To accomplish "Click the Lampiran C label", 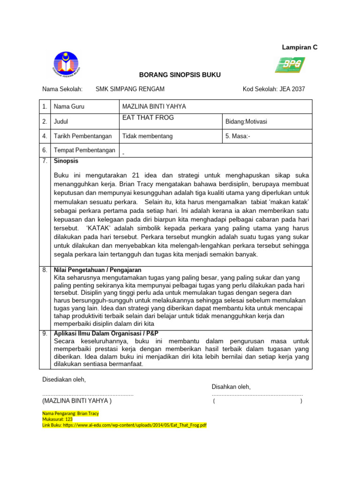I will (299, 47).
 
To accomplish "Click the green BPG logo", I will (290, 65).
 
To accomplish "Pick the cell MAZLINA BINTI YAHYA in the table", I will (154, 107).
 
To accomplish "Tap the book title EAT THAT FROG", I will (148, 118).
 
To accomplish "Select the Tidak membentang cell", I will (148, 136).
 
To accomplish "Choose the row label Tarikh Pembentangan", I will (83, 136).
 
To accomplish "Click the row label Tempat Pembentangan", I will (84, 150).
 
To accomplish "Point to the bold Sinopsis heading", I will (66, 161).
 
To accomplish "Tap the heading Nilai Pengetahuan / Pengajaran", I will (97, 270).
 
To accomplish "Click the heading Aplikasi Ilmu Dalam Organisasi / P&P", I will (106, 333).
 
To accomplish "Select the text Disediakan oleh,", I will (64, 379).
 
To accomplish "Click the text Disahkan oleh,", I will (231, 387).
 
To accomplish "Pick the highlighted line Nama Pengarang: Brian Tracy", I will (71, 414).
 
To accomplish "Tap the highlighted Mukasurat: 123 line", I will (57, 420).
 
